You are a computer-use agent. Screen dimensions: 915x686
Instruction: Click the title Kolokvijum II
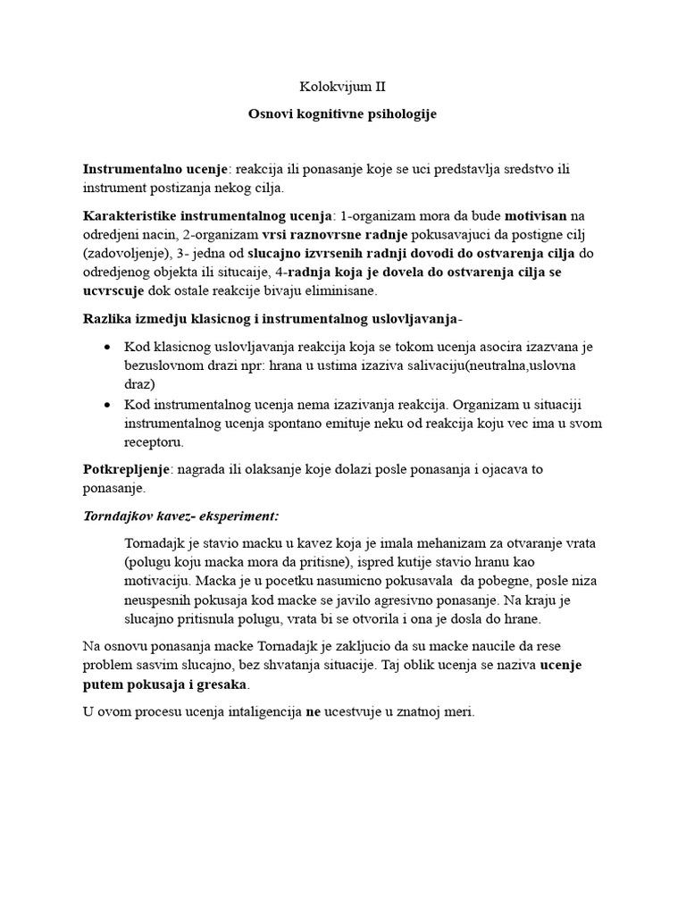point(342,88)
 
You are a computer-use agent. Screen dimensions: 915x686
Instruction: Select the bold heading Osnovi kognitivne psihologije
point(342,115)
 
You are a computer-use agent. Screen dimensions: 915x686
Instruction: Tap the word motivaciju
point(163,582)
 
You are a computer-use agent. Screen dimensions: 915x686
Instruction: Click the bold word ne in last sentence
point(314,712)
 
